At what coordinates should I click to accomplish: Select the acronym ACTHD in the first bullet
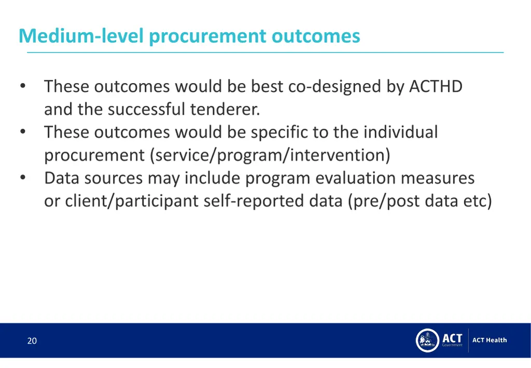[x=436, y=86]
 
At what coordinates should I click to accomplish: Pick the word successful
[x=147, y=110]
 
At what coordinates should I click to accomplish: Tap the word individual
[x=400, y=132]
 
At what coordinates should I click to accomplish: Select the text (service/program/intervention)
[x=270, y=155]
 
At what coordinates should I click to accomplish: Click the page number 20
[x=32, y=341]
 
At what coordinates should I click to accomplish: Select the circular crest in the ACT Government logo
[x=427, y=340]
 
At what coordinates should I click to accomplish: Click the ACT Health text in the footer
[x=490, y=340]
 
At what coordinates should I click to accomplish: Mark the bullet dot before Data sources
[x=22, y=178]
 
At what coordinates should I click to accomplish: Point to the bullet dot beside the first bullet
[x=22, y=86]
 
